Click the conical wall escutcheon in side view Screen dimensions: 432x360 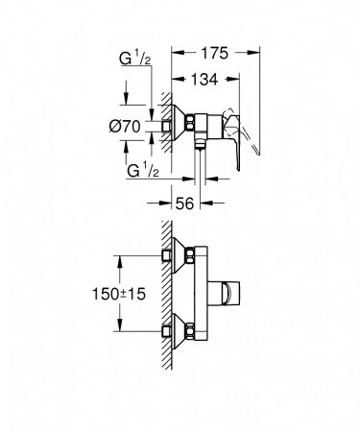(x=175, y=125)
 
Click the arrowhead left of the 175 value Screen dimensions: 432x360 (x=176, y=54)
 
